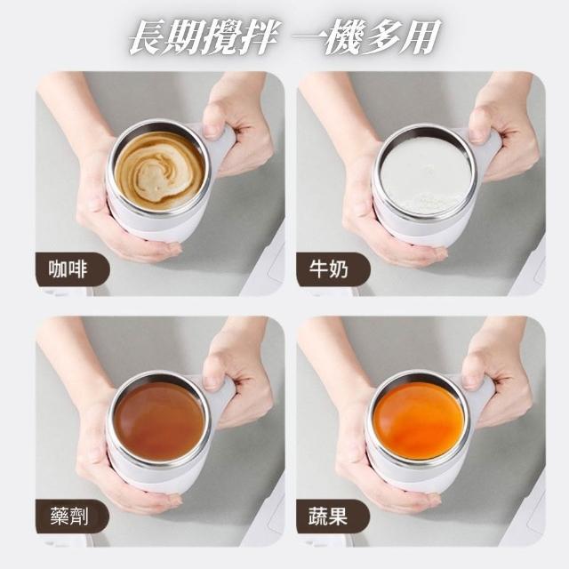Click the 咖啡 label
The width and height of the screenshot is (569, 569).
click(68, 269)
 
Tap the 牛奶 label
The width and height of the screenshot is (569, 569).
click(328, 269)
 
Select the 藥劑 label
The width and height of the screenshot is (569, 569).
click(69, 517)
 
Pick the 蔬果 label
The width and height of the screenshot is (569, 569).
click(328, 517)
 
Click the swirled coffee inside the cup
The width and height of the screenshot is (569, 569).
click(159, 171)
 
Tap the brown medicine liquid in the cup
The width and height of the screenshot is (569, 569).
click(159, 421)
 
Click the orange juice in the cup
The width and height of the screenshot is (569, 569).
click(419, 421)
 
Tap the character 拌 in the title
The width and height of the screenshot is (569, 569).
click(257, 37)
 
